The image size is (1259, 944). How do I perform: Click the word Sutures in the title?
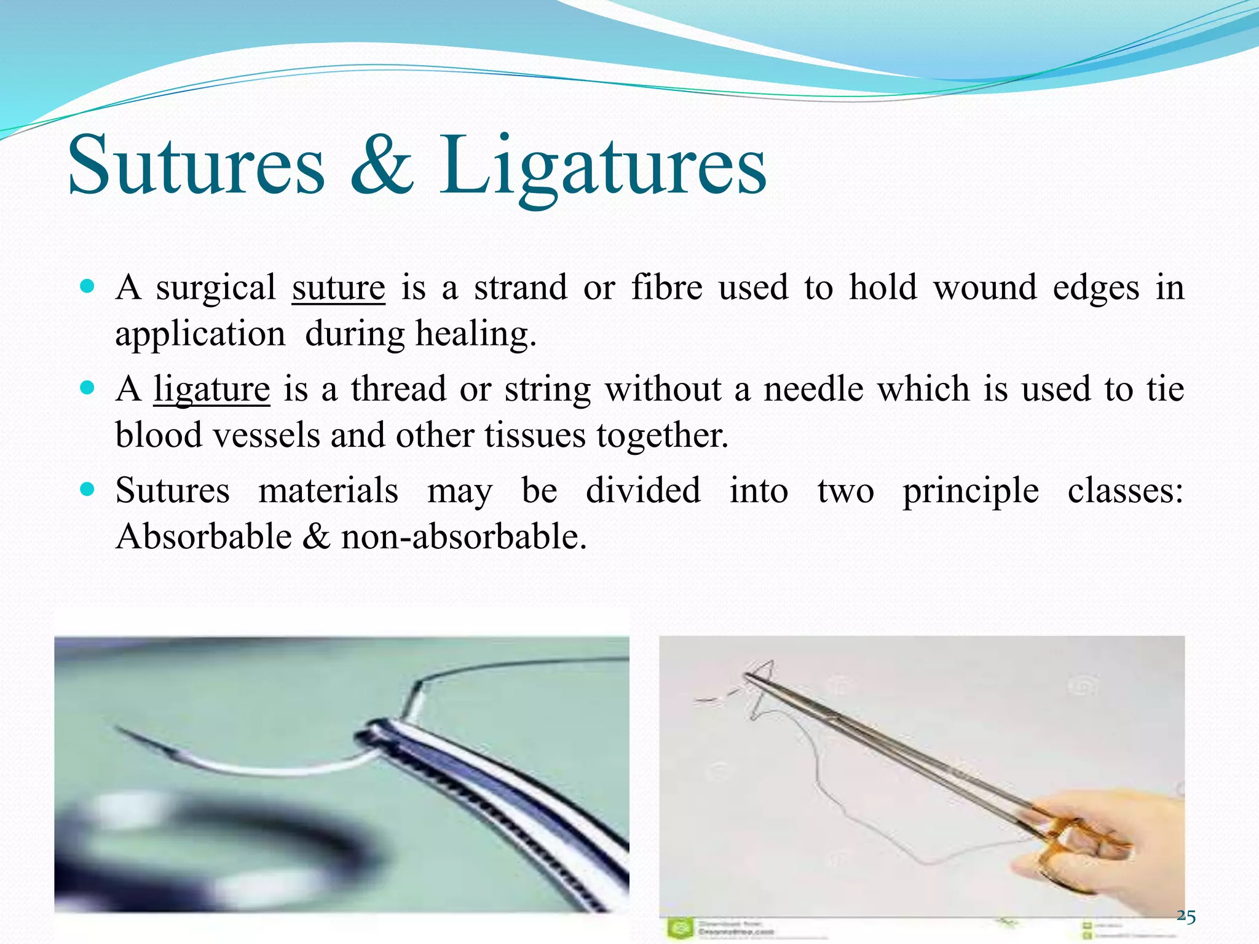195,166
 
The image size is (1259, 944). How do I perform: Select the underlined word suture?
338,288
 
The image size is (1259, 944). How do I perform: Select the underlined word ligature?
211,389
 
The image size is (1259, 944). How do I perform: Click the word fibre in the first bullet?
667,288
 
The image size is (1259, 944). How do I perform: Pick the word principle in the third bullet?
970,491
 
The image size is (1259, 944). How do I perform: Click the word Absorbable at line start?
203,537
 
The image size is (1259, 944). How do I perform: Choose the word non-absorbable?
464,537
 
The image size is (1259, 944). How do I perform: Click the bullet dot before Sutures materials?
87,490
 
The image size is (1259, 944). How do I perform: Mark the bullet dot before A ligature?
87,388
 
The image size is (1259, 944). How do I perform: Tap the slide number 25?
1186,917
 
